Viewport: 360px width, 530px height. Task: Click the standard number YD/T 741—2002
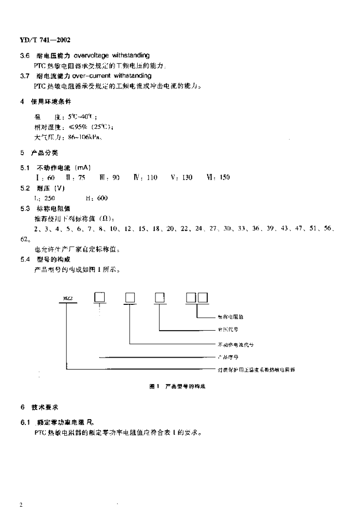pyautogui.click(x=45, y=40)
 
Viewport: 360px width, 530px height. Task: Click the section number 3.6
pyautogui.click(x=24, y=55)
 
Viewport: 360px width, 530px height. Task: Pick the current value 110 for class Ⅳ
pyautogui.click(x=152, y=178)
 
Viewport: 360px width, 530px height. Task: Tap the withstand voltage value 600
pyautogui.click(x=102, y=198)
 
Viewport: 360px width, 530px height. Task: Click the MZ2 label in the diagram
pyautogui.click(x=67, y=299)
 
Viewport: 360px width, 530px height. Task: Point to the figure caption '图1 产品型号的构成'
pyautogui.click(x=178, y=386)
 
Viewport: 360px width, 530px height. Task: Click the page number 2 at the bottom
pyautogui.click(x=20, y=504)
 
